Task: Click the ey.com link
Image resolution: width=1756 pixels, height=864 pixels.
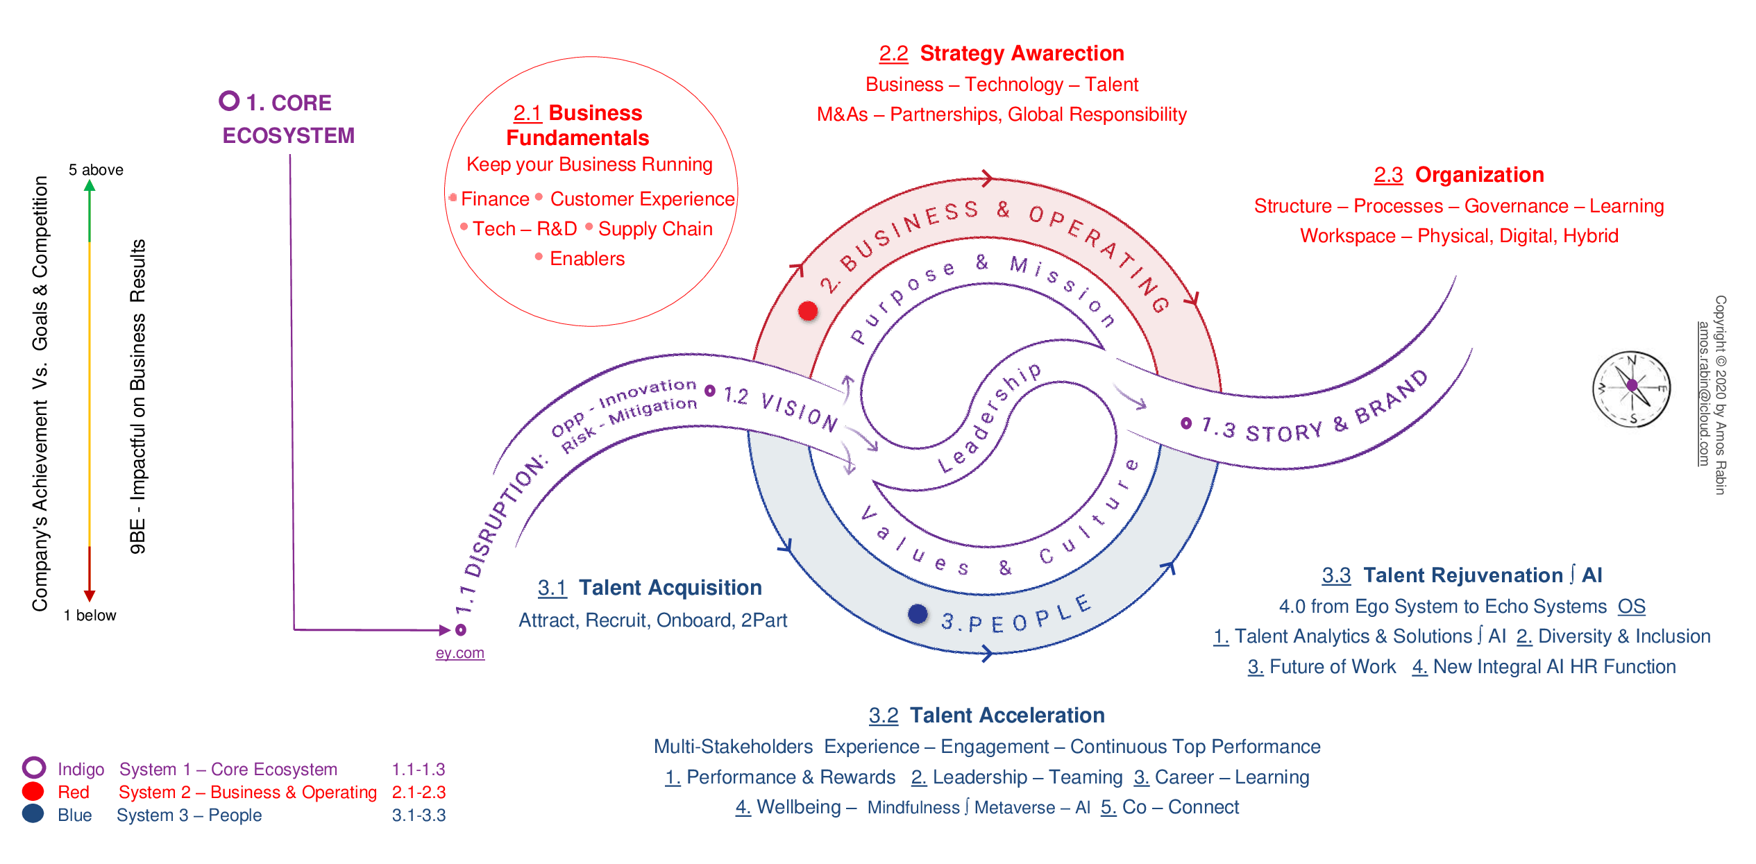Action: pos(459,653)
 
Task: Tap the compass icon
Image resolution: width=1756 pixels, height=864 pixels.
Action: pos(1631,389)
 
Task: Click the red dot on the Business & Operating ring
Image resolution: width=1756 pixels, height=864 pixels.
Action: pos(808,311)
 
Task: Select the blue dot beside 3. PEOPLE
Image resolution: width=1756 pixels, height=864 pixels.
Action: pos(918,613)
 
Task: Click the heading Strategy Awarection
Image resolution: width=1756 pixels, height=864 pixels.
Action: pos(1022,53)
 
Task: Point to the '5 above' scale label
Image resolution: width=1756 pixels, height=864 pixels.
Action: pos(96,170)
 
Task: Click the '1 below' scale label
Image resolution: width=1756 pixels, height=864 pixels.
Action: pos(90,616)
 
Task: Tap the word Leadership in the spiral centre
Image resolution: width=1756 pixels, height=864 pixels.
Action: pos(989,418)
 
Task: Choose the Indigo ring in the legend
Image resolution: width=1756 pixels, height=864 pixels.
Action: pos(33,768)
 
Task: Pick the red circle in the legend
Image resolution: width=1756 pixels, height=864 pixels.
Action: pos(33,791)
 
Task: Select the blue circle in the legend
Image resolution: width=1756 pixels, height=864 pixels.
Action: pos(33,813)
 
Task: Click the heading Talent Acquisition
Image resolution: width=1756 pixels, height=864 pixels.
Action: pos(670,588)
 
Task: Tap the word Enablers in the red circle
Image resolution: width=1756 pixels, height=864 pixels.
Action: pos(587,259)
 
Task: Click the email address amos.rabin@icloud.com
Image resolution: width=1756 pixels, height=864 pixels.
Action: pos(1704,393)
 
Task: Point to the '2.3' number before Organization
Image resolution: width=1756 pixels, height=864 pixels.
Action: pos(1388,175)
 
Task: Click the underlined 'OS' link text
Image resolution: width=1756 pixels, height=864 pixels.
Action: pos(1631,607)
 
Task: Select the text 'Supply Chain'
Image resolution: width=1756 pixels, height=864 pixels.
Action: pos(655,229)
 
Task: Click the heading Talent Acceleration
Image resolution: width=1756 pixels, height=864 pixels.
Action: pos(1007,715)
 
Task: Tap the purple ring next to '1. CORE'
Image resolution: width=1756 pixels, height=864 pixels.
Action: pos(229,101)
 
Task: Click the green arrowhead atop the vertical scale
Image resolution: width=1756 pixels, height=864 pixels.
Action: pos(90,185)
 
